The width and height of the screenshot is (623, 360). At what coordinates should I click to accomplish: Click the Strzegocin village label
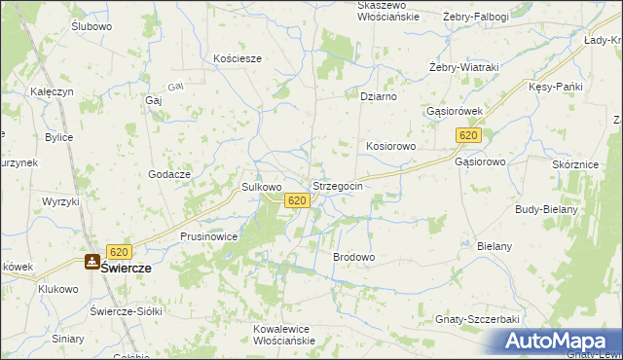pos(337,185)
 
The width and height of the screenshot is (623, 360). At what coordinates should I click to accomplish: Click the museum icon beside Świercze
pos(92,261)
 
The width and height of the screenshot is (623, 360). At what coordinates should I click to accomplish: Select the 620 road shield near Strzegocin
pos(298,200)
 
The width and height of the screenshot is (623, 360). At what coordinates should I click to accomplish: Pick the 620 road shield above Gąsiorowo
pos(468,136)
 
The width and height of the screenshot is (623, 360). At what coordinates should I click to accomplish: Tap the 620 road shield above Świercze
pos(119,250)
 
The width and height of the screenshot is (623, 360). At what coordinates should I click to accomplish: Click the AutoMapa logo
pos(558,341)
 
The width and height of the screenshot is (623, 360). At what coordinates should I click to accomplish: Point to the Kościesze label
pos(238,58)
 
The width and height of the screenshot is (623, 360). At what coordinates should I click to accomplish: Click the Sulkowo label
pos(261,186)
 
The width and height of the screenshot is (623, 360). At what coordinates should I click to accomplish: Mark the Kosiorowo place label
pos(391,146)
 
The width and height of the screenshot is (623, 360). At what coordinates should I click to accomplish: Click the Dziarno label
pos(378,96)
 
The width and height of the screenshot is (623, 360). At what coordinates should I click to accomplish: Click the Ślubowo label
pos(92,27)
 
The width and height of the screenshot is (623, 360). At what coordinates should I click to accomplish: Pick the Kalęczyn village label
pos(53,91)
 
